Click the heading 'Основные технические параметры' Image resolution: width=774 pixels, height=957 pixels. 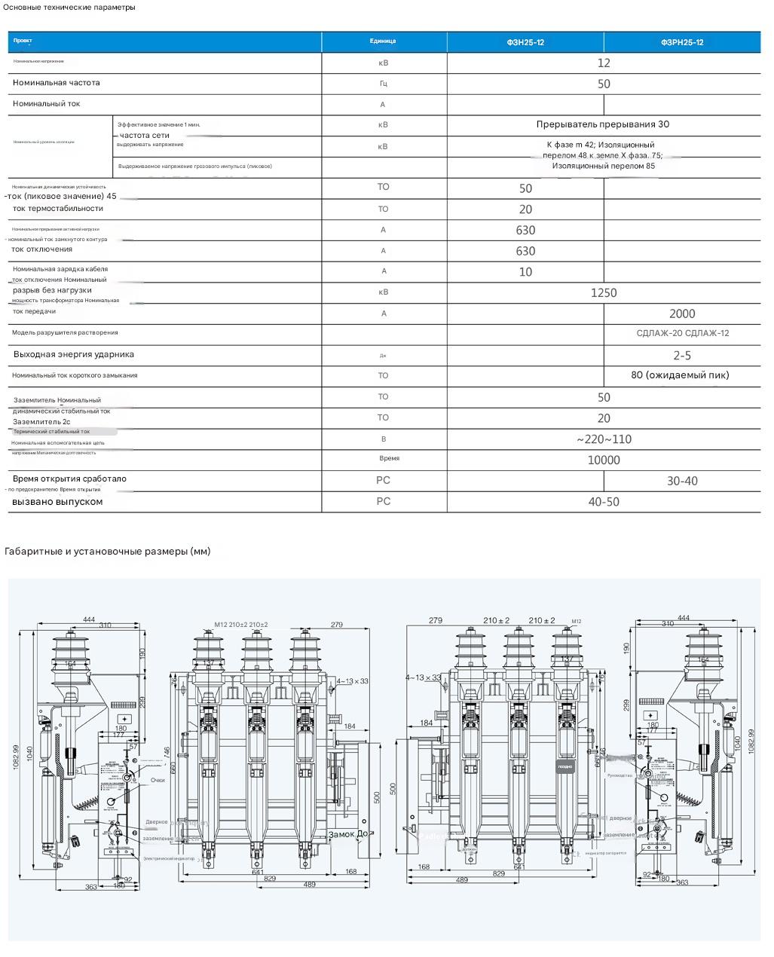click(69, 8)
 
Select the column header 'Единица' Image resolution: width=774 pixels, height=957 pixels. click(383, 41)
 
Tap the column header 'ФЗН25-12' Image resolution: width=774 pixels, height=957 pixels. click(525, 42)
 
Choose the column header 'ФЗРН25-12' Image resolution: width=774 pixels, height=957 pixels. click(682, 42)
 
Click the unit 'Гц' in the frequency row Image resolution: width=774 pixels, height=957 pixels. click(383, 84)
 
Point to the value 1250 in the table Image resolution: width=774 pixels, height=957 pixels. click(604, 292)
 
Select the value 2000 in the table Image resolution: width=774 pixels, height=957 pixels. click(682, 313)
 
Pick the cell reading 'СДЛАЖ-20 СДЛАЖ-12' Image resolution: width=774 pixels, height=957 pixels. click(682, 333)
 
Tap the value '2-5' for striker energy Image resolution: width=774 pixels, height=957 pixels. click(682, 355)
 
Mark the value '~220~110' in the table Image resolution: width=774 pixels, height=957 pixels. click(604, 439)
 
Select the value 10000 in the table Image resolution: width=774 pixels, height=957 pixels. click(604, 460)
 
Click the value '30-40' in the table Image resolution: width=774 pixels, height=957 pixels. click(682, 481)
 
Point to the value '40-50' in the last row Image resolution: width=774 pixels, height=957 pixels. click(604, 502)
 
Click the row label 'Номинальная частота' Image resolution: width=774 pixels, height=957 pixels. click(57, 83)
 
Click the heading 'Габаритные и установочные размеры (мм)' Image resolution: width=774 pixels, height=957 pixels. click(108, 552)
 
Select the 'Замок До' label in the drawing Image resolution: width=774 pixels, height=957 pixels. click(348, 834)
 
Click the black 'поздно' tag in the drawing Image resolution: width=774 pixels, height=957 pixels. click(565, 766)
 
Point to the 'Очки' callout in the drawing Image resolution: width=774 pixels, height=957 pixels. click(157, 781)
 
